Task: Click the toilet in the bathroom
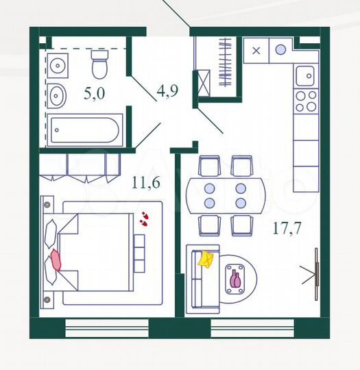pos(99,67)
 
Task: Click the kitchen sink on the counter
pos(304,74)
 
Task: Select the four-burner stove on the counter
pos(304,101)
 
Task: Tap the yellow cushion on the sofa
pos(206,259)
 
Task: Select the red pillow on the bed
pos(56,260)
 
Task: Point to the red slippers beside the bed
pos(144,219)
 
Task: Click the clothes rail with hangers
pos(224,63)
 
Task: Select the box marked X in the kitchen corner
pos(256,50)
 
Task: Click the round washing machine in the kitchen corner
pos(281,49)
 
